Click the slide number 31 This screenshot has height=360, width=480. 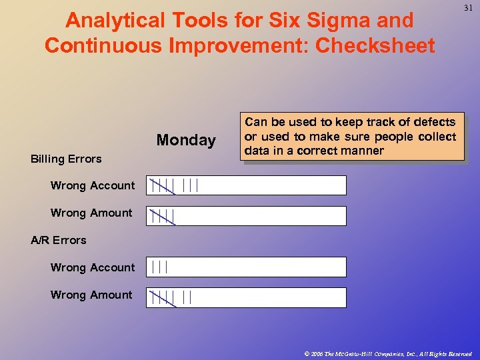468,8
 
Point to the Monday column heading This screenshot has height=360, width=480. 186,140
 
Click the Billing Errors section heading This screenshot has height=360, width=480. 66,159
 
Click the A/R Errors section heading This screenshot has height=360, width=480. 59,240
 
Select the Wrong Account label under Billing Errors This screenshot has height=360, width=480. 93,185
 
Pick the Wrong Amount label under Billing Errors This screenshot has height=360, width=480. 91,213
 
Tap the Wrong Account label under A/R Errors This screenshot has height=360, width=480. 93,267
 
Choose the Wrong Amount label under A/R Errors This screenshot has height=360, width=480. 91,295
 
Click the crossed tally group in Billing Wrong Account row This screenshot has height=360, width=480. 163,185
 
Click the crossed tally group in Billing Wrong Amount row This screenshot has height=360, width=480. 163,216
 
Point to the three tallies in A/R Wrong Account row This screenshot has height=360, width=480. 159,267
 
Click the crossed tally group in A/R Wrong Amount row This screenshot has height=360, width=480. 163,297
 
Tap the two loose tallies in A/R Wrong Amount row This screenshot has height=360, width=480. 187,297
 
